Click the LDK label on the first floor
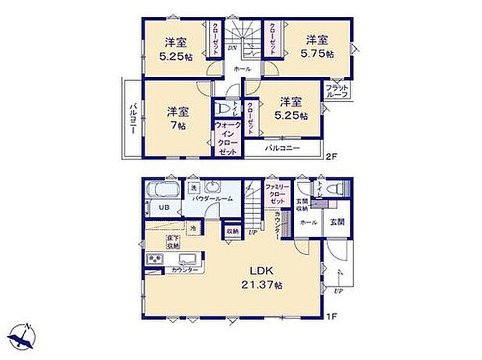pyautogui.click(x=260, y=271)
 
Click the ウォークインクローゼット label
pyautogui.click(x=227, y=138)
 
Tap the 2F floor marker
pyautogui.click(x=330, y=156)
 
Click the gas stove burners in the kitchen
pyautogui.click(x=152, y=260)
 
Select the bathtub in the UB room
pyautogui.click(x=164, y=190)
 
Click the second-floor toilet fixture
pyautogui.click(x=224, y=110)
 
